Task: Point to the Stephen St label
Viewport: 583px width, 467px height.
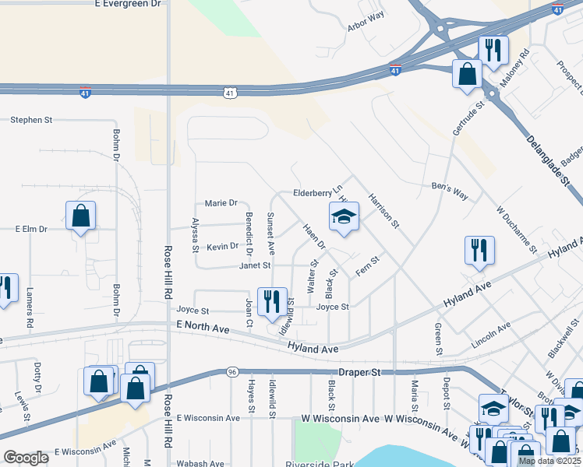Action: tap(31, 121)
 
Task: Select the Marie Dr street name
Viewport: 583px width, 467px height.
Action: tap(221, 203)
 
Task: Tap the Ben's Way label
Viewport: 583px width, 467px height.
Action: tap(450, 191)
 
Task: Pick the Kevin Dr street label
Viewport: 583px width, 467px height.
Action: tap(222, 247)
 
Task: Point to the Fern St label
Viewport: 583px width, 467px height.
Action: tap(367, 265)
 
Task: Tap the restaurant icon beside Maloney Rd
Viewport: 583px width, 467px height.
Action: tap(493, 51)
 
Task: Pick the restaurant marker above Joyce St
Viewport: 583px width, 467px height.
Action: tap(272, 301)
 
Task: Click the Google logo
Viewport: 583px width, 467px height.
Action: tap(26, 458)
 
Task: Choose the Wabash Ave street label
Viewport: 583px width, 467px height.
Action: tap(200, 464)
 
